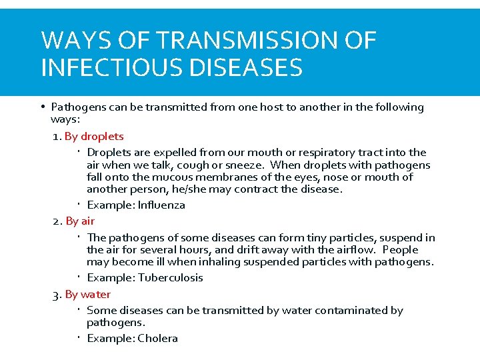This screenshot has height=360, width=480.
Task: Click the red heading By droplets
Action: [x=94, y=137]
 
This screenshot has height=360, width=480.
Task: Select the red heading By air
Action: [x=80, y=221]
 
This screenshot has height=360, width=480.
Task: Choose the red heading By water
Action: [x=88, y=294]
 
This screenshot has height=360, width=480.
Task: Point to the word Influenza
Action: [x=161, y=205]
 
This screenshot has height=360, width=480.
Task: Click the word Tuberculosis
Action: [x=170, y=278]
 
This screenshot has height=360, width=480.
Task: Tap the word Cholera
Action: [x=157, y=339]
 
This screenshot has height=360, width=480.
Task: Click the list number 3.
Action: [x=56, y=294]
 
